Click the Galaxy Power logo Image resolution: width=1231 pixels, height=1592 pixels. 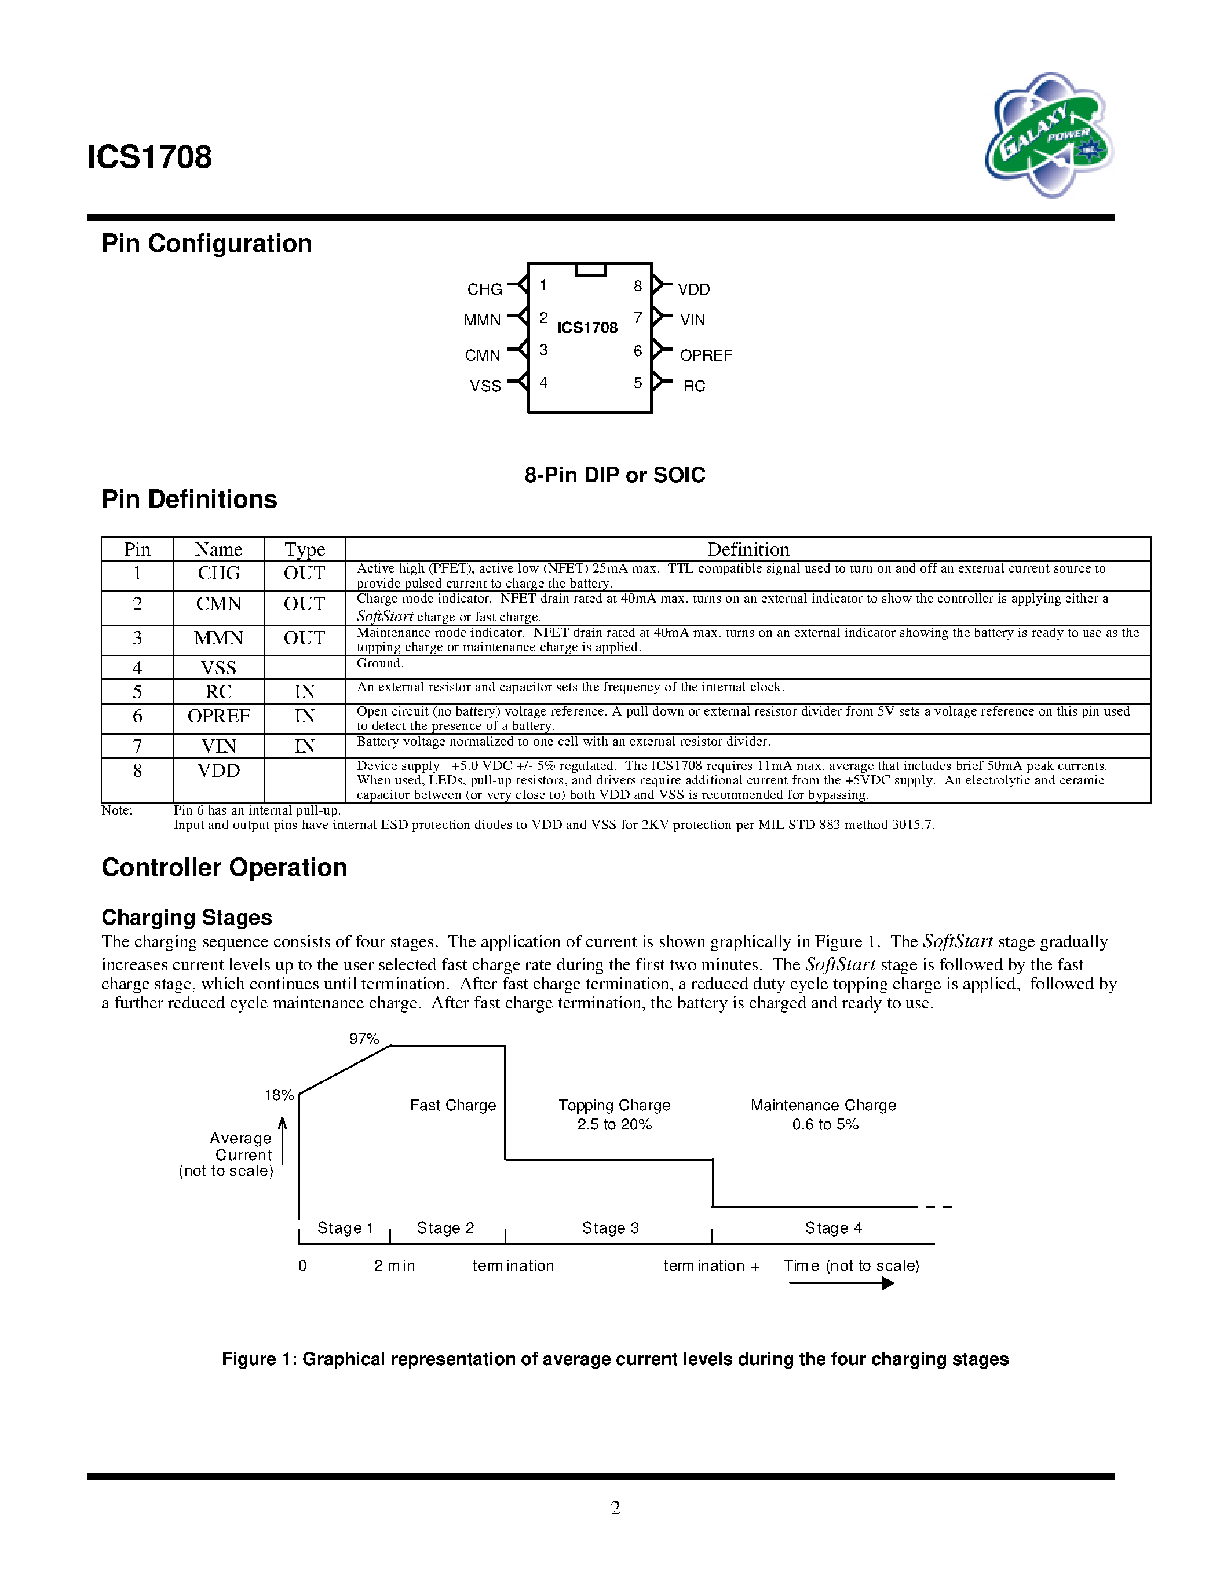click(1049, 135)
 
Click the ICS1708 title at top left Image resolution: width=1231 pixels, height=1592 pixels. click(149, 157)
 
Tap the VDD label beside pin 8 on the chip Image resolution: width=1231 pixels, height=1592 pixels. click(693, 289)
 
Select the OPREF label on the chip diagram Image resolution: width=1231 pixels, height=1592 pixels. click(705, 355)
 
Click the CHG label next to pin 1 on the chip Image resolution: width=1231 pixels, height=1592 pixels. click(484, 289)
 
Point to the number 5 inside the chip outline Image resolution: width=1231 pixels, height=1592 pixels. click(637, 383)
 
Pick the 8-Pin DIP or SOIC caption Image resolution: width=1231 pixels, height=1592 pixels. click(614, 475)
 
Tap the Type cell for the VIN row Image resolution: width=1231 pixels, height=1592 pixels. click(304, 746)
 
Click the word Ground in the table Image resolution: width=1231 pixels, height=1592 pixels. click(379, 663)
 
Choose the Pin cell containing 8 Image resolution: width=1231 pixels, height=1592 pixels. click(137, 771)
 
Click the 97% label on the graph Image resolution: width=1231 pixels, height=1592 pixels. click(364, 1039)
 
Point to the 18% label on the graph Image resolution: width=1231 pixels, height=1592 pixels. click(279, 1095)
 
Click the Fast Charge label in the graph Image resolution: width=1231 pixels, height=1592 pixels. click(452, 1105)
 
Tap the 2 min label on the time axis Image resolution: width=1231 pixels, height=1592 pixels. click(394, 1265)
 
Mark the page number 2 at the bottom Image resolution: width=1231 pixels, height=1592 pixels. click(615, 1507)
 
